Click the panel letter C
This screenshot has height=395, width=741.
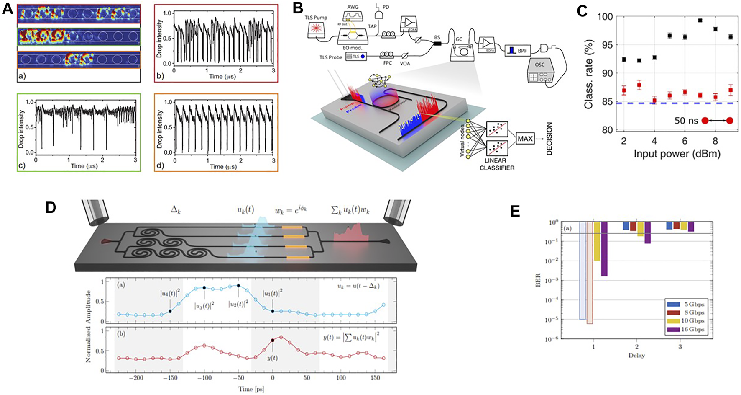click(x=583, y=10)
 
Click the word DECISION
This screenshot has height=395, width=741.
click(x=549, y=139)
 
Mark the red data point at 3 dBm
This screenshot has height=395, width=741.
click(x=639, y=85)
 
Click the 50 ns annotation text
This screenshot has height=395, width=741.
click(x=686, y=121)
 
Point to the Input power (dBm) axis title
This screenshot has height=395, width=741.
click(x=677, y=154)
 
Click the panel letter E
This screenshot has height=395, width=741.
click(x=516, y=211)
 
